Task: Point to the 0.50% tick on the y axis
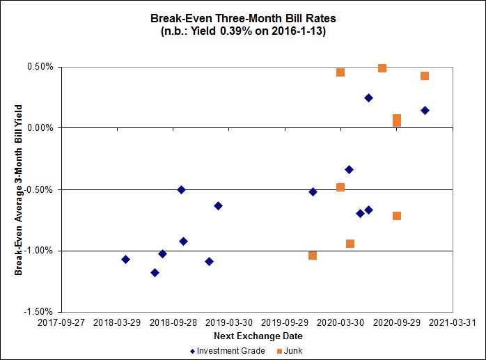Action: click(40, 68)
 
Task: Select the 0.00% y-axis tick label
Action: click(40, 128)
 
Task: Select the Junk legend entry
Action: click(289, 351)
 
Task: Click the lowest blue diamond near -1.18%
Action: click(155, 272)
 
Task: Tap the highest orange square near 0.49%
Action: click(382, 68)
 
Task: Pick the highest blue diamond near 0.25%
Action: click(368, 98)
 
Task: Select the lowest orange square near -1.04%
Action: click(313, 256)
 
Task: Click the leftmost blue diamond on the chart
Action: click(125, 259)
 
